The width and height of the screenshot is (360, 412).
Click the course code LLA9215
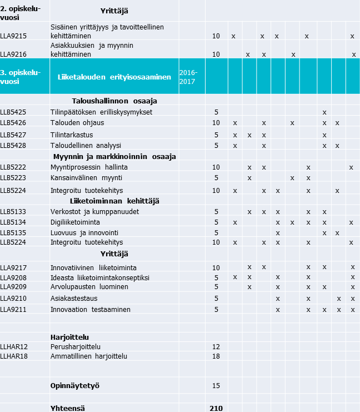pyautogui.click(x=13, y=36)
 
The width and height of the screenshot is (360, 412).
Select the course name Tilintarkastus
pyautogui.click(x=71, y=135)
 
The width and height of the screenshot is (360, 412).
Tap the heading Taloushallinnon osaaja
pyautogui.click(x=114, y=101)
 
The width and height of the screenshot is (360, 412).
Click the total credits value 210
pyautogui.click(x=216, y=408)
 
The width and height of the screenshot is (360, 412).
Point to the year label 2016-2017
pyautogui.click(x=188, y=77)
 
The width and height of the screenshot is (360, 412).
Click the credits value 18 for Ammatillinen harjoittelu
pyautogui.click(x=216, y=356)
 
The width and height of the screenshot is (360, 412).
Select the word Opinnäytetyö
pyautogui.click(x=75, y=385)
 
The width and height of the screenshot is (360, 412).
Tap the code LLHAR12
pyautogui.click(x=14, y=346)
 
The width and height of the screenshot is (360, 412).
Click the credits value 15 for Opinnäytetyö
pyautogui.click(x=216, y=385)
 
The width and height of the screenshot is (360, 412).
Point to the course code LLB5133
pyautogui.click(x=13, y=212)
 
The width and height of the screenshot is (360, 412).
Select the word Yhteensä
pyautogui.click(x=68, y=408)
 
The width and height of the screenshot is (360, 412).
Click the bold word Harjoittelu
pyautogui.click(x=69, y=337)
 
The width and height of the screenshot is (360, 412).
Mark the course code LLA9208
pyautogui.click(x=13, y=277)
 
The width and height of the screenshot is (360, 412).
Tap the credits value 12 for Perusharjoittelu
pyautogui.click(x=216, y=346)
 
